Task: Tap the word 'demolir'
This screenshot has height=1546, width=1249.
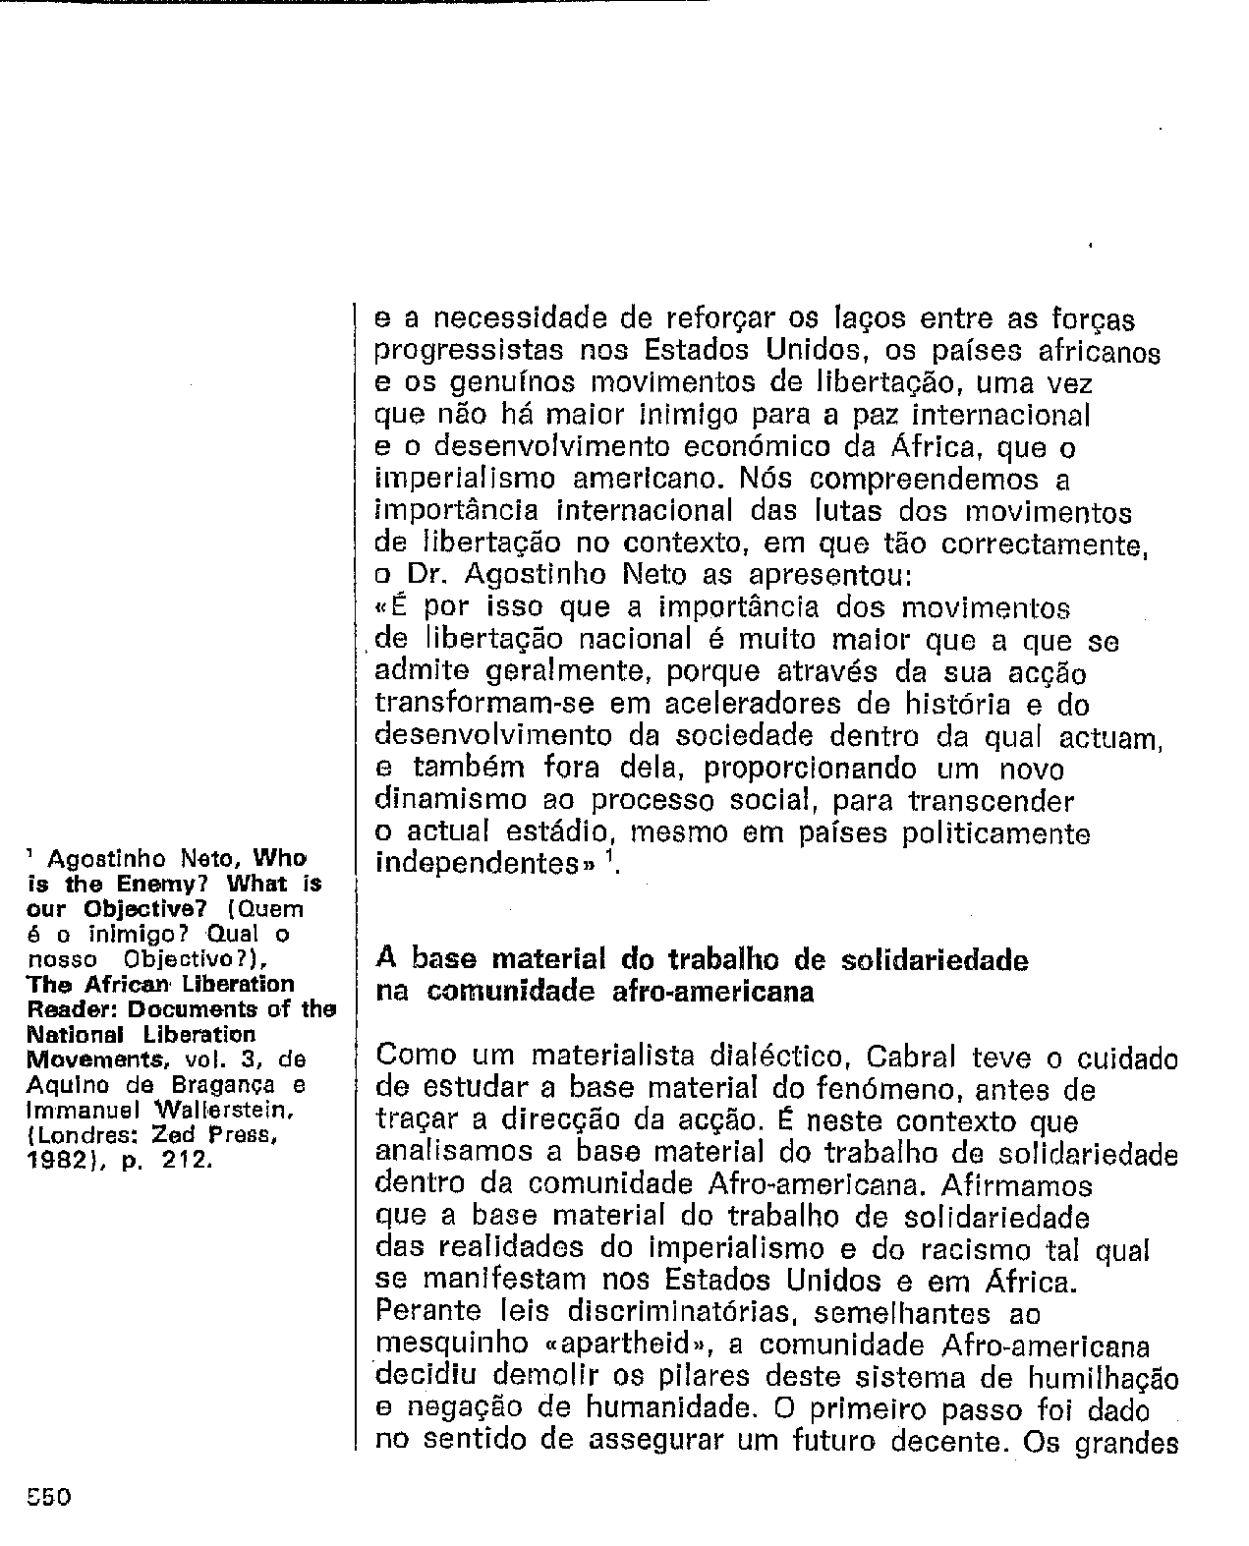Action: [546, 1376]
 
